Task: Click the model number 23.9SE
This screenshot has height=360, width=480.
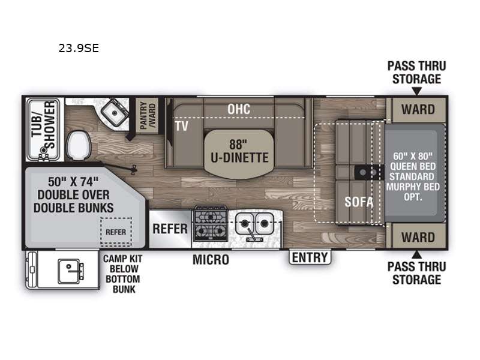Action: [79, 49]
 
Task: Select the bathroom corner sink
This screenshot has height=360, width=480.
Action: [115, 113]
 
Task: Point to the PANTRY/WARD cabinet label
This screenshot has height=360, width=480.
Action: [148, 116]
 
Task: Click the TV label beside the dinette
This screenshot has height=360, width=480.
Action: [182, 126]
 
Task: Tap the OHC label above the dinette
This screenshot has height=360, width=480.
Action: [239, 109]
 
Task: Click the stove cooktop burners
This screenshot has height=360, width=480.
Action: [211, 223]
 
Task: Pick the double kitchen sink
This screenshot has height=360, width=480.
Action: [254, 223]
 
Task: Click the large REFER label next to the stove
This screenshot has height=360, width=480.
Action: [170, 229]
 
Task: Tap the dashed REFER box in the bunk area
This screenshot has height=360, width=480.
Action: [116, 232]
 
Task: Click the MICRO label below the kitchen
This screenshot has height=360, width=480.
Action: [211, 260]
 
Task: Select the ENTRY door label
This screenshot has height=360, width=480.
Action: [310, 257]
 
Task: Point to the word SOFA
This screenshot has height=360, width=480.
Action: [359, 202]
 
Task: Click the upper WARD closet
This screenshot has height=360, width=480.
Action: [418, 110]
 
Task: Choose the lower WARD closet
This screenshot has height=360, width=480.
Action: [418, 237]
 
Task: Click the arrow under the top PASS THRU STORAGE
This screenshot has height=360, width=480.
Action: [416, 91]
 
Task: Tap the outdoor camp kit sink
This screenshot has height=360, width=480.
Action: [71, 271]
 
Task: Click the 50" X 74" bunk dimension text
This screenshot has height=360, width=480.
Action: [73, 182]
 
